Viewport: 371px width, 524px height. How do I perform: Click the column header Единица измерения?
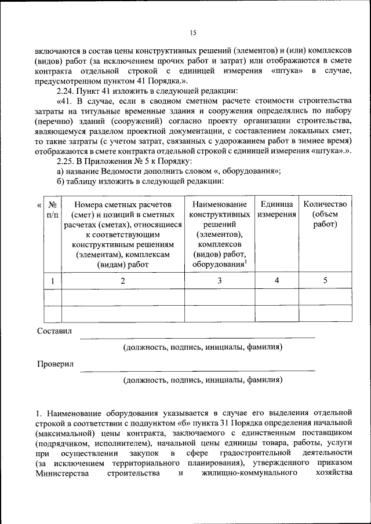(277, 209)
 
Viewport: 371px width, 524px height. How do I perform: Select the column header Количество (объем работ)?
(325, 214)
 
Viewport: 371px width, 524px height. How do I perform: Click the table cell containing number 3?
(220, 280)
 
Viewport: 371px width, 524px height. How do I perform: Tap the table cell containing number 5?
(325, 280)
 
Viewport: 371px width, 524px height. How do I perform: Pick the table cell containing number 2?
(123, 280)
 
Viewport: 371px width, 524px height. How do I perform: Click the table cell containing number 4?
(277, 280)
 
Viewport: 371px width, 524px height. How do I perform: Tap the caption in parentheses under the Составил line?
(202, 347)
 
